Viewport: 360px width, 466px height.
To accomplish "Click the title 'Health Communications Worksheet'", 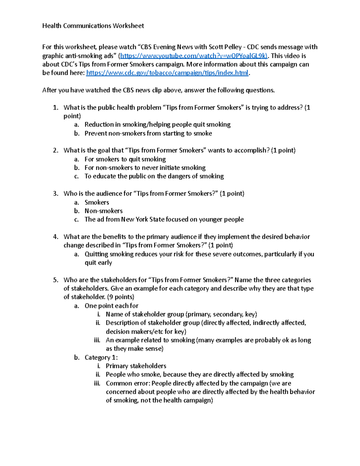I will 93,26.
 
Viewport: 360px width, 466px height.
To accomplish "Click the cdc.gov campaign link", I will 167,73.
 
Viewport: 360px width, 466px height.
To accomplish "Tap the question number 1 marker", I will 55,108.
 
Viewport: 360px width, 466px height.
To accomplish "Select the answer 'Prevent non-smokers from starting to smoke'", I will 148,134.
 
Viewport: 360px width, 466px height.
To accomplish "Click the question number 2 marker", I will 55,151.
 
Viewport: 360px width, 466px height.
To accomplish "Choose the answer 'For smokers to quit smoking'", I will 125,159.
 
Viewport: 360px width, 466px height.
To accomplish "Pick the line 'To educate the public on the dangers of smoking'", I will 154,176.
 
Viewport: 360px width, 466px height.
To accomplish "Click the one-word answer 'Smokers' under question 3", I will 97,203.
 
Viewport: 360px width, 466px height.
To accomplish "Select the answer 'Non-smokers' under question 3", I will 103,211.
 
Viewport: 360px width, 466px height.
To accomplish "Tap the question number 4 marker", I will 55,237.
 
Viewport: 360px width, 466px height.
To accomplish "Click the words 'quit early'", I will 98,263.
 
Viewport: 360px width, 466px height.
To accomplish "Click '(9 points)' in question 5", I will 121,297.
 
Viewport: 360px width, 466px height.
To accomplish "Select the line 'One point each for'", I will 111,306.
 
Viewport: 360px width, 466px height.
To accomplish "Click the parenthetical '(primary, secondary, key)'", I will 221,314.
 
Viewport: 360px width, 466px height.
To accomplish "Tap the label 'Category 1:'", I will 101,358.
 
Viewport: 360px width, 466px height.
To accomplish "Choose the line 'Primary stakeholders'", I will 136,366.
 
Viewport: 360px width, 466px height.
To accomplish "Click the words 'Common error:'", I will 128,383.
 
